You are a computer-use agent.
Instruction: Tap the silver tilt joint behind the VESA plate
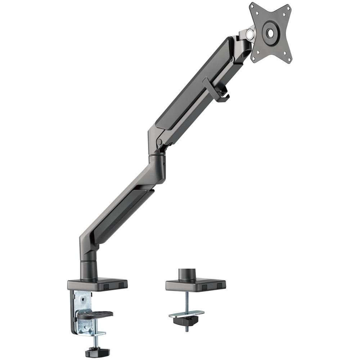pos(248,35)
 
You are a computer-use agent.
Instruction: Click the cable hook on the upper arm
pos(216,90)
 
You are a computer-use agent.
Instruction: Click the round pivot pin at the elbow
pos(159,142)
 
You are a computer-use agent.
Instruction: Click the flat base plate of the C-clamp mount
pos(97,284)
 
